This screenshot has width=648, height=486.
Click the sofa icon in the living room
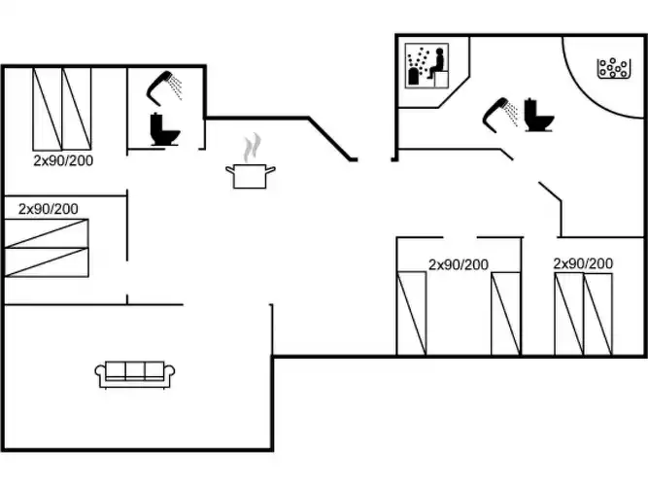tap(135, 375)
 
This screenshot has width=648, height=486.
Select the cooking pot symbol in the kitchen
tap(251, 176)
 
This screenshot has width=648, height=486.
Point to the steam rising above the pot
tap(252, 148)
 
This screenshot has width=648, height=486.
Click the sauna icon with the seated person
tap(426, 65)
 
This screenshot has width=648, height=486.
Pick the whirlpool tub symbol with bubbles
tap(614, 68)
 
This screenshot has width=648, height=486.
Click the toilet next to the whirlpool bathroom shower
tap(538, 115)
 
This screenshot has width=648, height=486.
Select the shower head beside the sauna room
tap(500, 115)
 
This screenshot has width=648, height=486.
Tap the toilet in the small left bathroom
tap(165, 129)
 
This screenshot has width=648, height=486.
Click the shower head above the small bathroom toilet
tap(164, 87)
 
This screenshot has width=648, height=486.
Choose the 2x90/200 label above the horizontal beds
tap(49, 209)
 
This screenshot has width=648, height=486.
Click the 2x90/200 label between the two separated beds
tap(459, 264)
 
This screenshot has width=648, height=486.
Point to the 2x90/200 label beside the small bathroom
tap(63, 160)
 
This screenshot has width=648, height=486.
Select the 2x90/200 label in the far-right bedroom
tap(583, 263)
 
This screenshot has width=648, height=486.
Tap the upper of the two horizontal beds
tap(47, 233)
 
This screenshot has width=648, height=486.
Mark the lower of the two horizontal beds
tap(47, 262)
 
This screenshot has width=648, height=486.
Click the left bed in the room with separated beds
tap(411, 314)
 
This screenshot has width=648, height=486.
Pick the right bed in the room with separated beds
tap(505, 314)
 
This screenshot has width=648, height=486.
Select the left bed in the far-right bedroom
tap(569, 314)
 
